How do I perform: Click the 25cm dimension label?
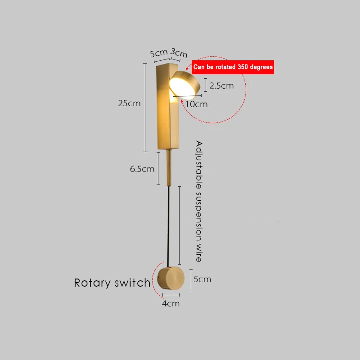129,103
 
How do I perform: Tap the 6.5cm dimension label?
142,169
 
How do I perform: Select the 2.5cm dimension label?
221,85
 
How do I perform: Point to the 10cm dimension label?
197,104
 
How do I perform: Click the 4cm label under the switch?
171,303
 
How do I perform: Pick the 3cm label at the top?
179,54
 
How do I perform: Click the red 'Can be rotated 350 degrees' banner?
233,67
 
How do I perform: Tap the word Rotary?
92,283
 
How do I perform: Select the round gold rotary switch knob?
172,279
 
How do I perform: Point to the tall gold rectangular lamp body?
167,117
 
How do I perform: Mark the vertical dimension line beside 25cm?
145,108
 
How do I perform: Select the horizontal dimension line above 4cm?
171,295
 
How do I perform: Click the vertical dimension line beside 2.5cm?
206,85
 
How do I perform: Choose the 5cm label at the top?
158,53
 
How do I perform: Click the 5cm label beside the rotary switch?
202,279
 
